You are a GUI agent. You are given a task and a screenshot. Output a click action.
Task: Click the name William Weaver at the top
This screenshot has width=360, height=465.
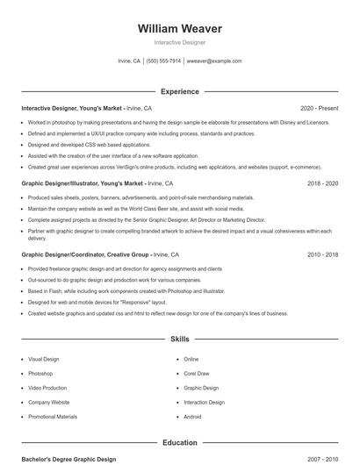coord(179,28)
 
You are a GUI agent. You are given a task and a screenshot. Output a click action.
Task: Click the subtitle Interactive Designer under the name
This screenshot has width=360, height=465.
coord(179,42)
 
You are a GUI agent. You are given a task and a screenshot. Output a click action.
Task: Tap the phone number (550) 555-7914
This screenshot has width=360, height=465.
coord(164,61)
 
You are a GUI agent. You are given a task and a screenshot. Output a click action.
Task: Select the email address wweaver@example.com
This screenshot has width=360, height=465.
coord(214,61)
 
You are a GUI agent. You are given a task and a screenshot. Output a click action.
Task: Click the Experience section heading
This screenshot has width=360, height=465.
coord(179,91)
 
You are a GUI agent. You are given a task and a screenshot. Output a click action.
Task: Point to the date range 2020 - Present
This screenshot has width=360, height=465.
coord(319,108)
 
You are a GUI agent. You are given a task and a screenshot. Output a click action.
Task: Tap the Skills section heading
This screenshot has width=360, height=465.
coord(179,338)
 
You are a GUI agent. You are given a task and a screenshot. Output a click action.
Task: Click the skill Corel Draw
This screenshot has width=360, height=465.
coord(197,373)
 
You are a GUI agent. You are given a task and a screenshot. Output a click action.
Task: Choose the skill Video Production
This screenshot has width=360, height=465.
coord(47,387)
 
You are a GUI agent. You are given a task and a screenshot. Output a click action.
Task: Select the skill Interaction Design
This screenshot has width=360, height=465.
coord(204,402)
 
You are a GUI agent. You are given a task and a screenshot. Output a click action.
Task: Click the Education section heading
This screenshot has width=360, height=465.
coord(179,442)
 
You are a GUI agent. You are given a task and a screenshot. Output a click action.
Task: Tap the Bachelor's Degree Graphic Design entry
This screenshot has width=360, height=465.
coord(68,459)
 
